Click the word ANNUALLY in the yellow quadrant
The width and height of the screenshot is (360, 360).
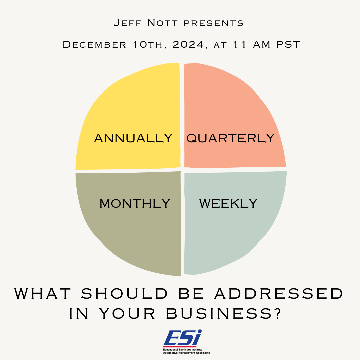tap(133, 138)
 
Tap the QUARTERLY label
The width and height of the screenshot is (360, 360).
tap(230, 138)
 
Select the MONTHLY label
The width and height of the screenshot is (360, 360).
tap(135, 204)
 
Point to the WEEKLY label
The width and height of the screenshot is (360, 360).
tap(228, 204)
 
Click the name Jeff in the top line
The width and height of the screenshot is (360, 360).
tap(128, 23)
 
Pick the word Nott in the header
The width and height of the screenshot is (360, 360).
tap(162, 23)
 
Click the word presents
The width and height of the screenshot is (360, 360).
tap(214, 23)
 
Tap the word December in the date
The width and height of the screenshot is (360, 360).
tap(94, 44)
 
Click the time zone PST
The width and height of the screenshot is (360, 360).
tap(288, 44)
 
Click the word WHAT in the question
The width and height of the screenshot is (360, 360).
tap(43, 293)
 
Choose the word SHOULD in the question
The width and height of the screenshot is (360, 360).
tap(125, 293)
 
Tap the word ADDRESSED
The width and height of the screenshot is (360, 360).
tap(279, 293)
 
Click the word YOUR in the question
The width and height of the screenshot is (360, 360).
tap(128, 313)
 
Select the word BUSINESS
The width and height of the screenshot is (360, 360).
tap(219, 313)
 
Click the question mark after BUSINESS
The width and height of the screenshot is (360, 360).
tap(278, 313)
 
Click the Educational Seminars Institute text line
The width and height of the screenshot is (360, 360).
tap(183, 350)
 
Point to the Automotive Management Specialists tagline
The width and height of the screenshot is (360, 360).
tap(186, 353)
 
